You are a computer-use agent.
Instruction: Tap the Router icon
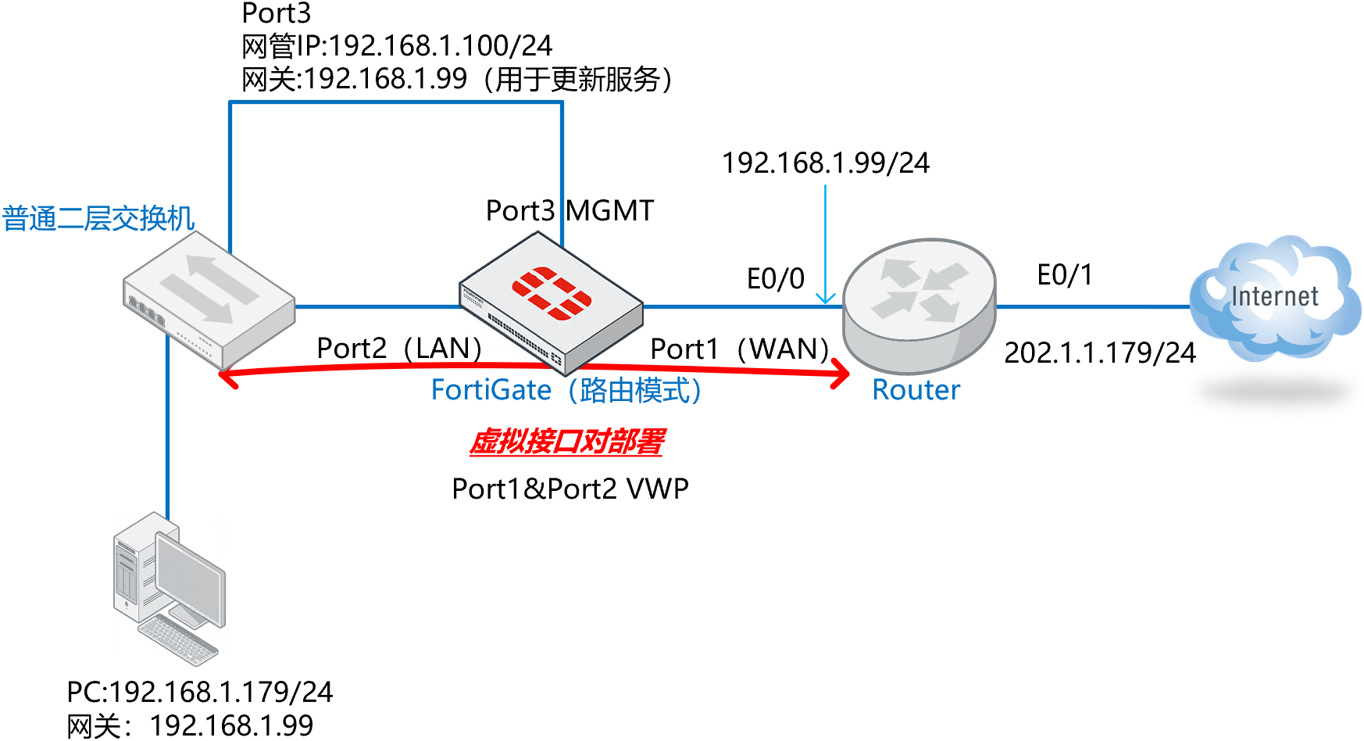[x=919, y=305]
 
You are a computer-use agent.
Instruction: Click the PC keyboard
[x=178, y=639]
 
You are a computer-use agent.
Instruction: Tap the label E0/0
[x=775, y=279]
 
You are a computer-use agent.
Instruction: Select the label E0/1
[x=1064, y=275]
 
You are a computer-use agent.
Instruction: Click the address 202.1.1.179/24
[x=1099, y=353]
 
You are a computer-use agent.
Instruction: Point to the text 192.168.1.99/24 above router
[x=825, y=163]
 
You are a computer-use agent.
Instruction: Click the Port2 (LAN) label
[x=398, y=349]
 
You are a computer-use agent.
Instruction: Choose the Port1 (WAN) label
[x=739, y=349]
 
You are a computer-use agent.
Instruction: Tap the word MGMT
[x=609, y=211]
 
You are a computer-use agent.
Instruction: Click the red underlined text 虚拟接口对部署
[x=566, y=442]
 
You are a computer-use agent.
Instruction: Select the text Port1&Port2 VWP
[x=570, y=489]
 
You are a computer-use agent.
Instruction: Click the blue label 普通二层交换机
[x=98, y=219]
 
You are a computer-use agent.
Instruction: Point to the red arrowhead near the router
[x=842, y=374]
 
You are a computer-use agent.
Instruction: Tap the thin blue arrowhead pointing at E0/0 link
[x=825, y=299]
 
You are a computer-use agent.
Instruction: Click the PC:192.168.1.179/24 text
[x=199, y=693]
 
